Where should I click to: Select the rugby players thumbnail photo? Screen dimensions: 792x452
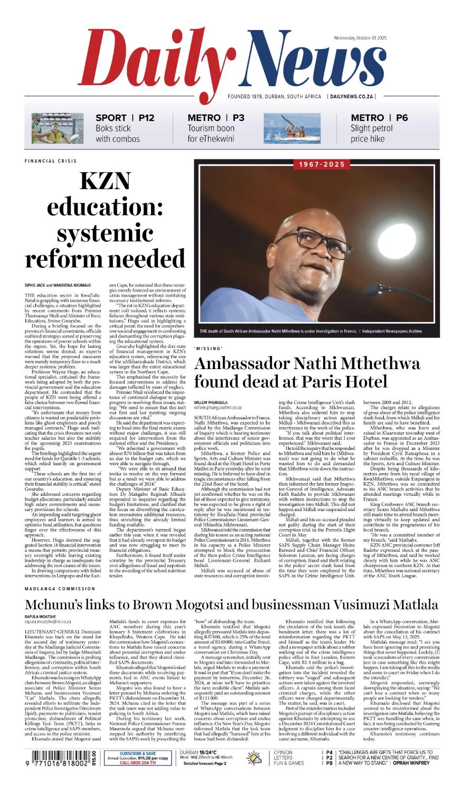tap(50, 128)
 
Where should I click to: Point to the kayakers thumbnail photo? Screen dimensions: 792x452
tap(292, 128)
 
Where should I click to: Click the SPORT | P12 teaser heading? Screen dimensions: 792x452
tap(125, 118)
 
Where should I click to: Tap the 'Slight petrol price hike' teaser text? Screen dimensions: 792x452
tap(372, 134)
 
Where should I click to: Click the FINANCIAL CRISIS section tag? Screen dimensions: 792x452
tap(51, 161)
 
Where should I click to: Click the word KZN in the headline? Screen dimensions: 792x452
tap(105, 181)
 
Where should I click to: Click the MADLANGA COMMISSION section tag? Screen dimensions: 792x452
tap(60, 589)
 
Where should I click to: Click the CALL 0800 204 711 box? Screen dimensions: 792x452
tap(137, 763)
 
